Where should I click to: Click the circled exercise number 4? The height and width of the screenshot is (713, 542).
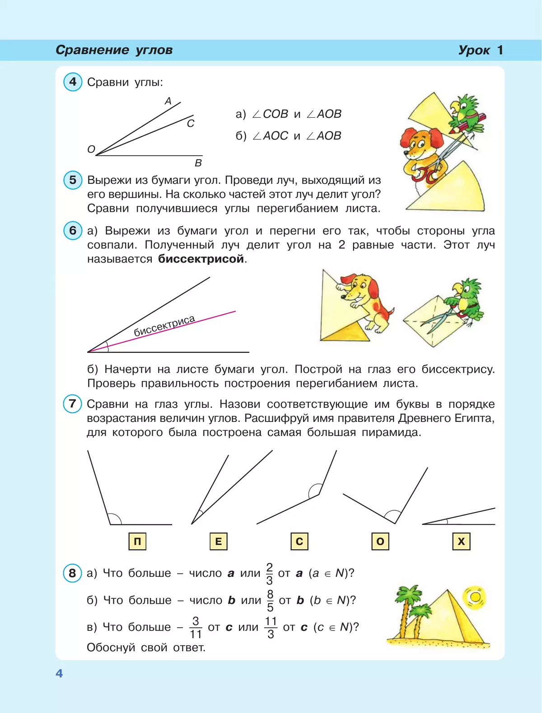[x=73, y=82]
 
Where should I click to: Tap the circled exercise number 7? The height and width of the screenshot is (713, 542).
[x=72, y=403]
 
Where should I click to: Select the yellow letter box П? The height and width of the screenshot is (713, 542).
[x=137, y=541]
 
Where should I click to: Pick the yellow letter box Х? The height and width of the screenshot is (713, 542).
[x=461, y=541]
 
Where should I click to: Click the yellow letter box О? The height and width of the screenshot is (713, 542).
[x=380, y=541]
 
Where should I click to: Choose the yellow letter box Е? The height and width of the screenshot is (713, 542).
[x=218, y=541]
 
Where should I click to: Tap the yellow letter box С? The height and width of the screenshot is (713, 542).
[x=299, y=541]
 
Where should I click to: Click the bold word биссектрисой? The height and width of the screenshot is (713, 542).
[x=201, y=259]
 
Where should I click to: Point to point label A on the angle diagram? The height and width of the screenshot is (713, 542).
[x=168, y=101]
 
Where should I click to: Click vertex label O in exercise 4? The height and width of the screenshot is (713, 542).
[x=91, y=149]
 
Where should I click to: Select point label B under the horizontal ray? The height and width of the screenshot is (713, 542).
[x=198, y=163]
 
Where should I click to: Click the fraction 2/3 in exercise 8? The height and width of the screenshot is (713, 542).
[x=270, y=574]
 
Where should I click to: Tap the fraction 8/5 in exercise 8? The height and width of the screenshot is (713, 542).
[x=270, y=601]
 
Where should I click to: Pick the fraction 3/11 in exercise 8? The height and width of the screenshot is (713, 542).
[x=196, y=628]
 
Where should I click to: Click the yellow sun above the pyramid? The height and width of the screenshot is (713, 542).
[x=475, y=597]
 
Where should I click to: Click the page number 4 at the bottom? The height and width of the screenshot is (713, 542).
[x=59, y=673]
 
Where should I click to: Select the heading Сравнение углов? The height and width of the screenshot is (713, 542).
[x=114, y=50]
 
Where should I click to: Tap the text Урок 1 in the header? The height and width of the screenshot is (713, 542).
[x=480, y=50]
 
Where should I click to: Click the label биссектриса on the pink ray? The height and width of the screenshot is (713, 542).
[x=164, y=326]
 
